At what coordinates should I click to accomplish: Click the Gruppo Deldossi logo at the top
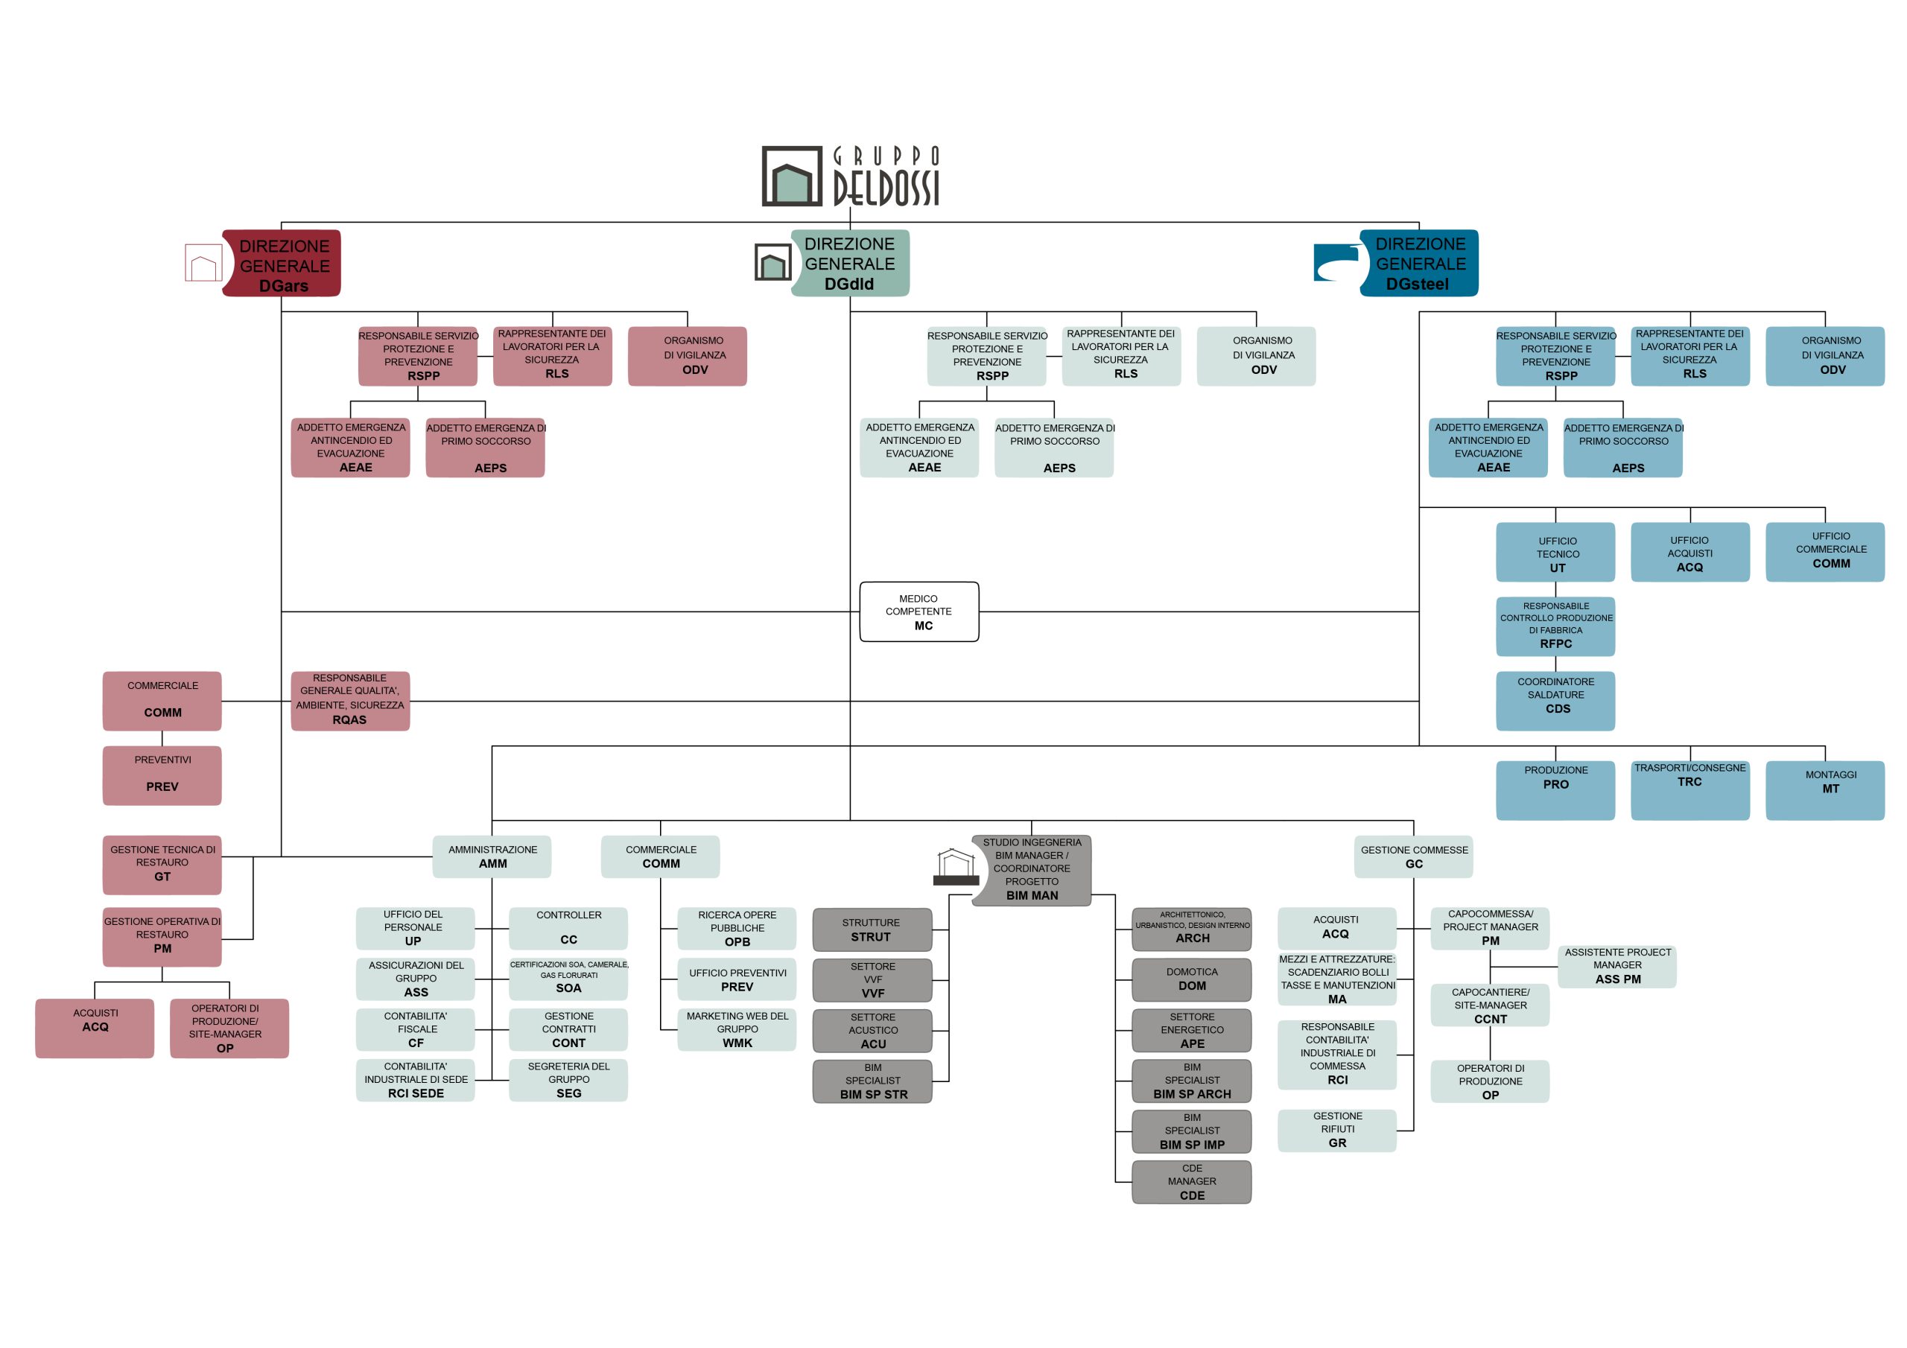[851, 176]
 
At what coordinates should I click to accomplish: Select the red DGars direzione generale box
[282, 264]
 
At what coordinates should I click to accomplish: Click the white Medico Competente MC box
[918, 611]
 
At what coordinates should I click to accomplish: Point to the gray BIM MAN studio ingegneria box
[1032, 870]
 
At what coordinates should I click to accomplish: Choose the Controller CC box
[568, 928]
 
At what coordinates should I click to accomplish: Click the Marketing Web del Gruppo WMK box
[737, 1029]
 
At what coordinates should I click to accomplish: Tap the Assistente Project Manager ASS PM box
[1616, 966]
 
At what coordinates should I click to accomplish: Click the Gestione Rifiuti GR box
[1336, 1130]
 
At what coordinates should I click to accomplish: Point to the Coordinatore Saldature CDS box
[1555, 700]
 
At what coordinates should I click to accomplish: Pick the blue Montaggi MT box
[1824, 790]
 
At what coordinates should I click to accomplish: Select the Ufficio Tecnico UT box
[1555, 552]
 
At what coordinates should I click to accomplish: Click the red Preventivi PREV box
[162, 775]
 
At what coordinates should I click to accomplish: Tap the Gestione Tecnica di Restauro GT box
[162, 864]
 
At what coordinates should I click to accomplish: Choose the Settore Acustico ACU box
[872, 1030]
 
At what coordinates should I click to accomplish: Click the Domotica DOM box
[1191, 979]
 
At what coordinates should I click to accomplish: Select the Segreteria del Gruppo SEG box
[568, 1080]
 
